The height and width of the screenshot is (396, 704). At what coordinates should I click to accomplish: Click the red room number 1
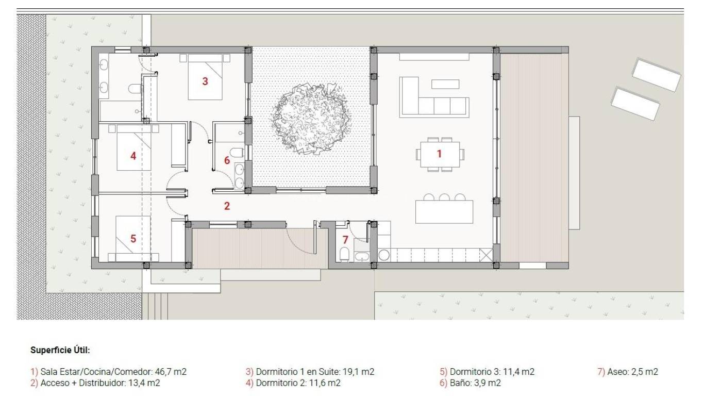[439, 154]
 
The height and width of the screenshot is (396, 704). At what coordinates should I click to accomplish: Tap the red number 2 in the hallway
[227, 206]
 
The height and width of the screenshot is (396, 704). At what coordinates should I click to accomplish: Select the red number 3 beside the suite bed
[205, 81]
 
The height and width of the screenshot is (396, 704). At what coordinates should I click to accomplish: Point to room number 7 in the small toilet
[345, 240]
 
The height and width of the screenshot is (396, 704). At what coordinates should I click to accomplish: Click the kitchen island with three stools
[444, 211]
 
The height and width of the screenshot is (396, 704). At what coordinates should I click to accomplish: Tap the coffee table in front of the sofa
[445, 84]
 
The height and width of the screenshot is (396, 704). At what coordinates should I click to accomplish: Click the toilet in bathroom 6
[237, 153]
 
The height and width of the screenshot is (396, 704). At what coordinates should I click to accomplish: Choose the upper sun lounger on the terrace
[657, 75]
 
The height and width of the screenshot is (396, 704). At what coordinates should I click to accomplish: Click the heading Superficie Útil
[60, 350]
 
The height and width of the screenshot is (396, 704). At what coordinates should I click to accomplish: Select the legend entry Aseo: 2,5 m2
[628, 372]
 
